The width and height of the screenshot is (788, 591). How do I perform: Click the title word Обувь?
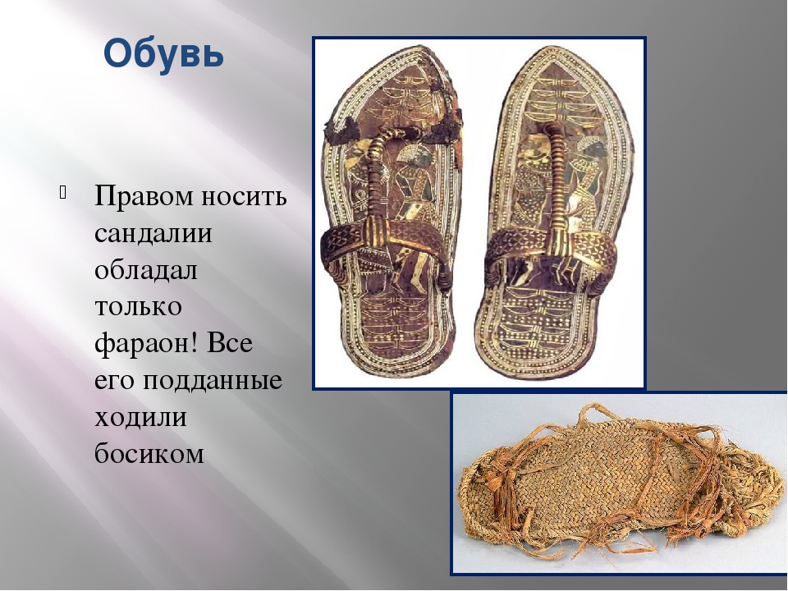[x=164, y=53]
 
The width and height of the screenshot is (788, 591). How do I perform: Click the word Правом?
[x=144, y=196]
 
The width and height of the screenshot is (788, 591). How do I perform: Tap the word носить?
[x=245, y=196]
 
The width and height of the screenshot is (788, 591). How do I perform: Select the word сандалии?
[x=153, y=233]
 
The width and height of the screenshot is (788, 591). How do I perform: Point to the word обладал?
[x=146, y=270]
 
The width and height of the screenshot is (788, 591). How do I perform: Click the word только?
[x=138, y=307]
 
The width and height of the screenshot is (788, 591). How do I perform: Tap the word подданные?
[x=212, y=381]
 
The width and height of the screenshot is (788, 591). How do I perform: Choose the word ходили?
[x=140, y=418]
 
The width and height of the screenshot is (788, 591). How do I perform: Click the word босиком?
[x=149, y=454]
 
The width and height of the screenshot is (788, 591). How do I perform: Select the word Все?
[x=229, y=343]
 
